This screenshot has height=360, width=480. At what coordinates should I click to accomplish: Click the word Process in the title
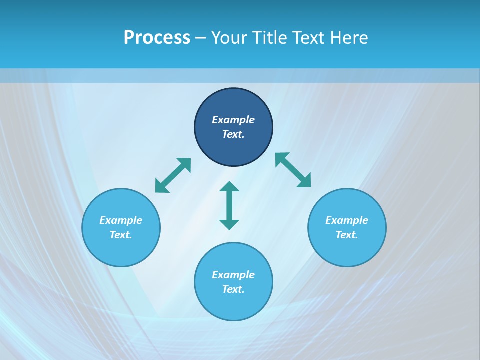coord(157,38)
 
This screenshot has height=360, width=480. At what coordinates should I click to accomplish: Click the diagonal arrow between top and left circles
coord(173,175)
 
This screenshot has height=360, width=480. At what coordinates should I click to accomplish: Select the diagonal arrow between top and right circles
coord(293,170)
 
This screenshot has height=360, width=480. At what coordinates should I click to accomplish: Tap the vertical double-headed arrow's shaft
coord(229,205)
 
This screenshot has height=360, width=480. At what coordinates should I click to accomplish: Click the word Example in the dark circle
coord(233,120)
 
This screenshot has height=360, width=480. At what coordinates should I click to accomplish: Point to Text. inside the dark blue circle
coord(233,134)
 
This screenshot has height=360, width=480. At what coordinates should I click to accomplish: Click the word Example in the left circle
coord(121,220)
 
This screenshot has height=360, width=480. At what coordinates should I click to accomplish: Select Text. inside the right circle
coord(347,235)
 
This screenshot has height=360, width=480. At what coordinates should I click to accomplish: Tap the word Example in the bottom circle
coord(233,275)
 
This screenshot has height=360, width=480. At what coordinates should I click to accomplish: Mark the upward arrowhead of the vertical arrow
coord(229,187)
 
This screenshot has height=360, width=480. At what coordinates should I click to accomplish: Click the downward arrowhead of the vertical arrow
coord(229,224)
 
